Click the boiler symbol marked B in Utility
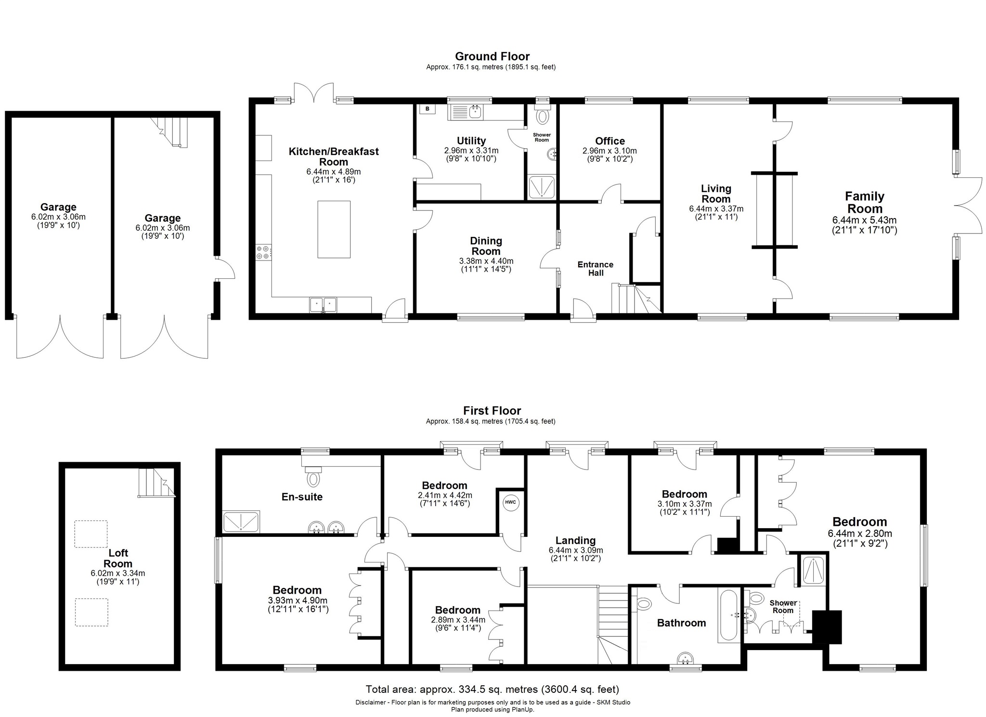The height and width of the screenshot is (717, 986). coord(427,109)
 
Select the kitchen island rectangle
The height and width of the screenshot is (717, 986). coord(334,229)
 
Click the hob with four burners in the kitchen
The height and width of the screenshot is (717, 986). coord(263,252)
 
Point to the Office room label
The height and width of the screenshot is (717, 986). coord(610,141)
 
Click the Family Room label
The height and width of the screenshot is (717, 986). coord(865,202)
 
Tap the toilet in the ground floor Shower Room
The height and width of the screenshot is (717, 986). coord(543,116)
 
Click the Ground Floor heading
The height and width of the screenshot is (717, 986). coord(492,56)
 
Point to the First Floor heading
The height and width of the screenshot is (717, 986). coord(492,411)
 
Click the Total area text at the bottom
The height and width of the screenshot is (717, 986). coord(492,689)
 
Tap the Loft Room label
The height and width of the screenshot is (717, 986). coord(118,558)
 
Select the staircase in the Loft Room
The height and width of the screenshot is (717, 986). coord(156,483)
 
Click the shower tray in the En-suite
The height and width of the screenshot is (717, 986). coord(241,521)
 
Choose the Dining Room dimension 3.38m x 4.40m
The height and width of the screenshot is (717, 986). coord(486,261)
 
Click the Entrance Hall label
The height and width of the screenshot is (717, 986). coord(596,269)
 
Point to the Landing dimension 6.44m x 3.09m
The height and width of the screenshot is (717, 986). coord(575,550)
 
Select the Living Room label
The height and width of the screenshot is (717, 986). coord(716,194)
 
